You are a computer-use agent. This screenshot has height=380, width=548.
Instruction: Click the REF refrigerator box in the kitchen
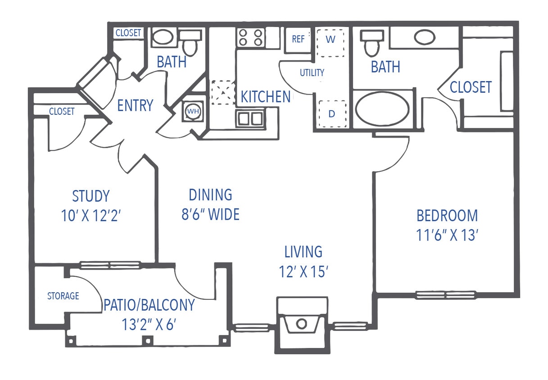pos(298,39)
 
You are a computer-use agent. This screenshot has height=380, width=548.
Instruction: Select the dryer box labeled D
pos(332,114)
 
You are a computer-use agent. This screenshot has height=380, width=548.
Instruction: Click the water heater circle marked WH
pos(193,111)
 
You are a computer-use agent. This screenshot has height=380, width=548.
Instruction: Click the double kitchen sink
pos(251,118)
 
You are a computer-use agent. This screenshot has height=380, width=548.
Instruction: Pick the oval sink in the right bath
pos(424,37)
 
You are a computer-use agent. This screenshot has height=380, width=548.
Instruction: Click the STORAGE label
pos(63,296)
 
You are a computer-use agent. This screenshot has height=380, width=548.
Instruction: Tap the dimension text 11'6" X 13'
pos(447,235)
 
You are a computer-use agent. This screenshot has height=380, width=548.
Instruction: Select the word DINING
pos(210,195)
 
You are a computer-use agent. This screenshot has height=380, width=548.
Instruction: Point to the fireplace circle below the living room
pos(302,323)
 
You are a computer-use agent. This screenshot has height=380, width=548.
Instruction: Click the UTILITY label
pos(312,72)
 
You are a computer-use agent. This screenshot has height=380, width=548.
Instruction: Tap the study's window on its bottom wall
pos(110,265)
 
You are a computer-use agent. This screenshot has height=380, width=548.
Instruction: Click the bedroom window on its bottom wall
pos(445,295)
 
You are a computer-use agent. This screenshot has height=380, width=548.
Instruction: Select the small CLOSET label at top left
pos(128,33)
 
